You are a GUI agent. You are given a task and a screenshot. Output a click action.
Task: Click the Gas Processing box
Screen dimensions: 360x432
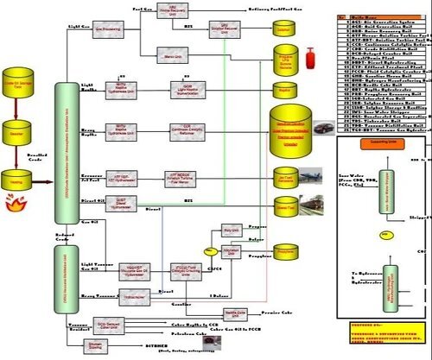(107, 28)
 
